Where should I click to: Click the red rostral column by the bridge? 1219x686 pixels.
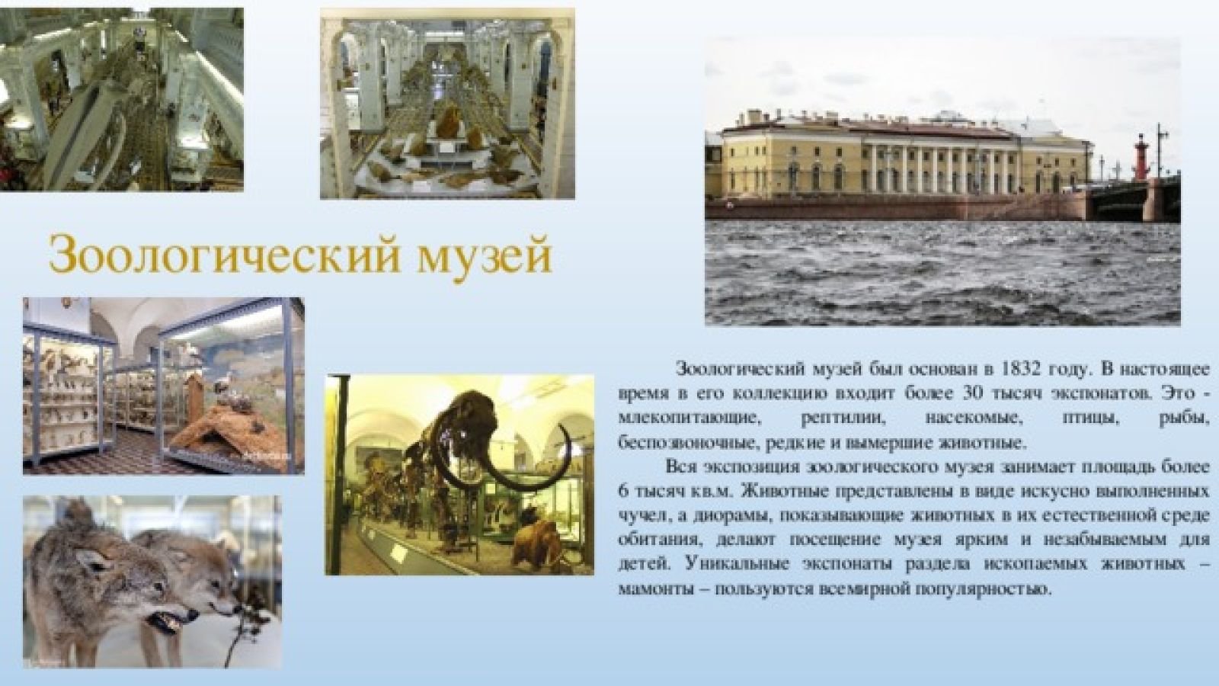point(1141,157)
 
